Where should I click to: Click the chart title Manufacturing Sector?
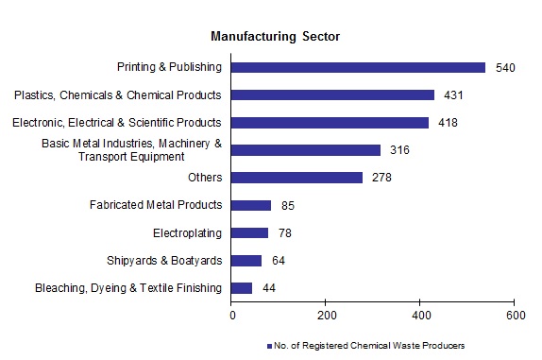click(x=275, y=37)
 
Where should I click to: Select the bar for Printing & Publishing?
click(x=359, y=67)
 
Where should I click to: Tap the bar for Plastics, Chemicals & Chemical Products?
click(x=333, y=95)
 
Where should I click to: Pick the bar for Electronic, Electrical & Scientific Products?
click(x=330, y=123)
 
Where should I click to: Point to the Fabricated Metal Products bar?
click(x=251, y=205)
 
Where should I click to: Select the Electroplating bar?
click(x=250, y=232)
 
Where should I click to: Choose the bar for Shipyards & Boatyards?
click(x=247, y=260)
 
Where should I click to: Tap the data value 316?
click(x=399, y=150)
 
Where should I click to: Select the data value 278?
click(x=381, y=178)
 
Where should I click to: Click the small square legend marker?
click(x=269, y=345)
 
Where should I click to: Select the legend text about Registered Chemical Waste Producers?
click(x=370, y=345)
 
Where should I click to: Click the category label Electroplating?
click(x=187, y=232)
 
